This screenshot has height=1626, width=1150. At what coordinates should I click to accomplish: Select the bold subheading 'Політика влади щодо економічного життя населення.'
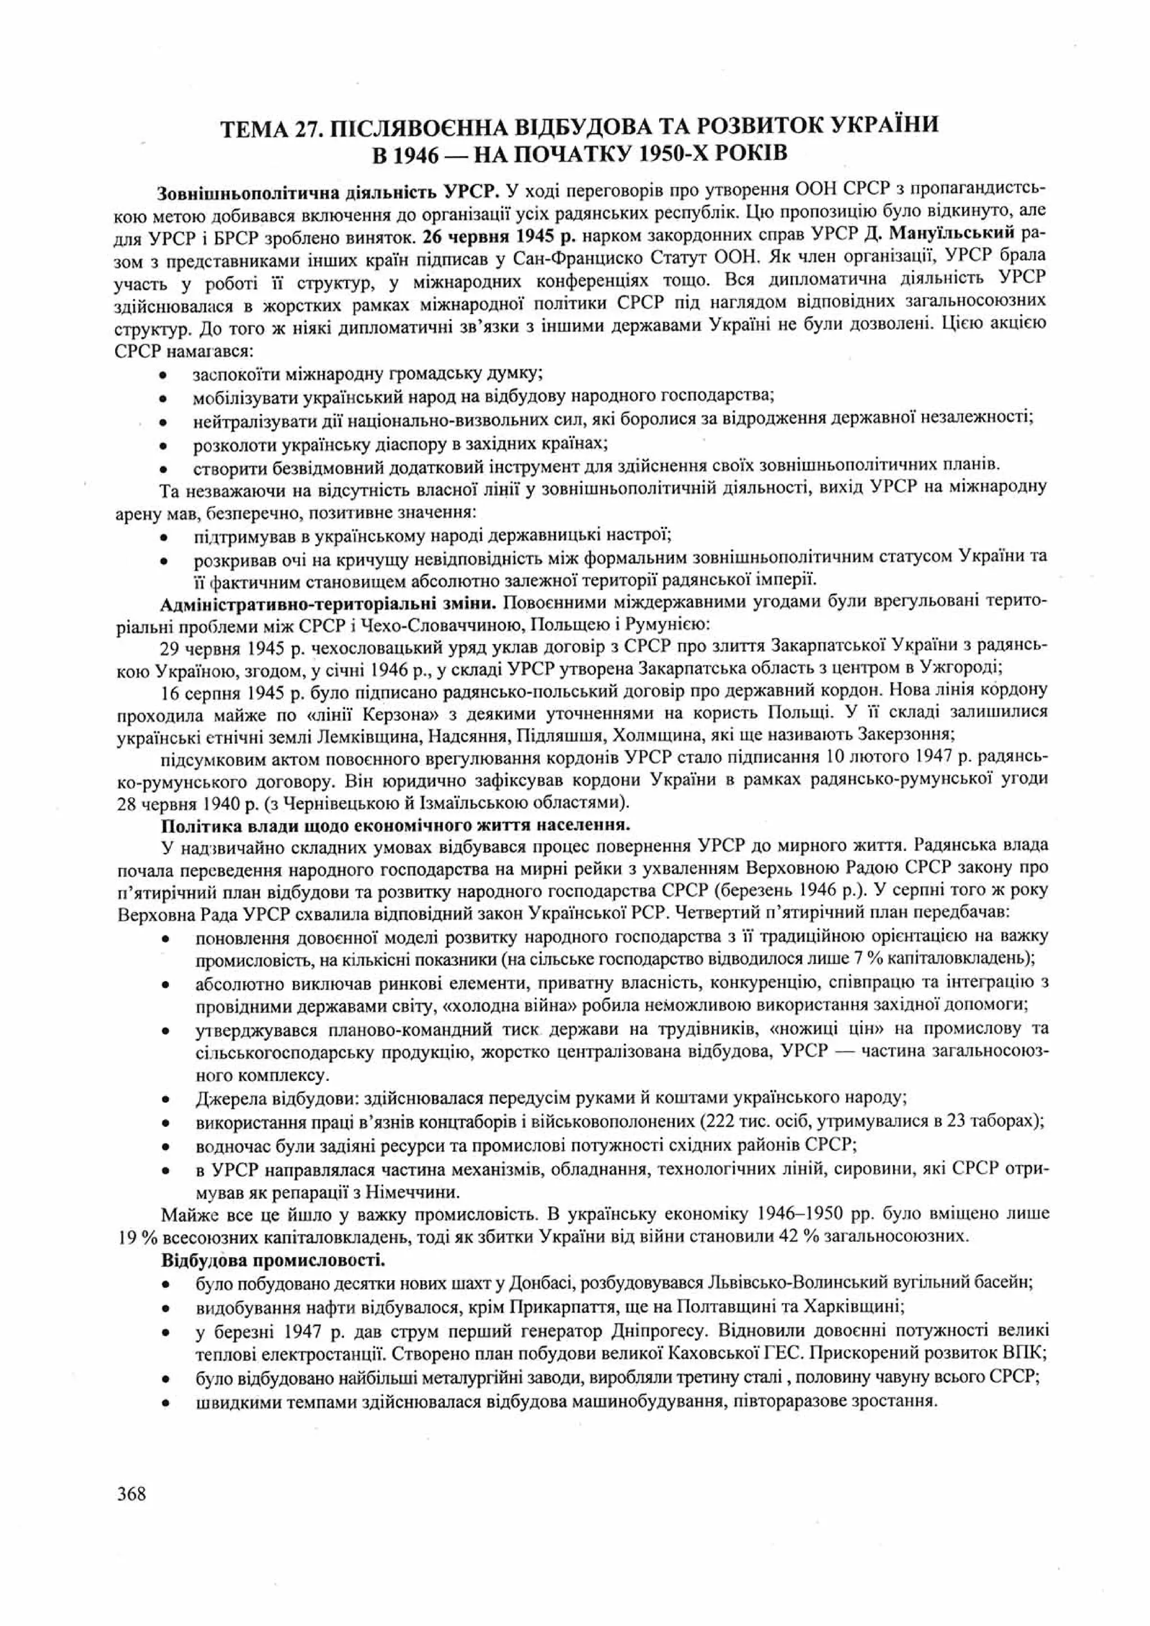tap(395, 825)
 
